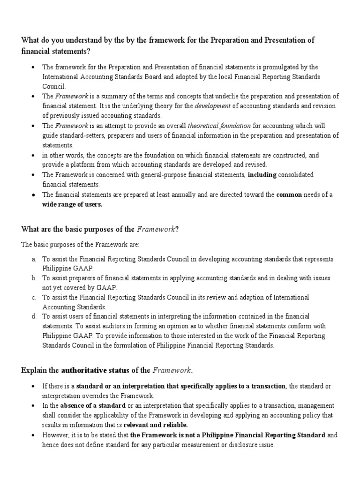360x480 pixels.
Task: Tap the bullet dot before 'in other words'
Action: pyautogui.click(x=33, y=155)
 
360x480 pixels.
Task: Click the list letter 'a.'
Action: pyautogui.click(x=34, y=259)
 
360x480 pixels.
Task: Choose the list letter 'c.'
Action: pyautogui.click(x=34, y=298)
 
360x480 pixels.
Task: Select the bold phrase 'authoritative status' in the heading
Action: pyautogui.click(x=95, y=370)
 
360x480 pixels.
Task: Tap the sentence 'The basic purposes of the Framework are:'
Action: pyautogui.click(x=83, y=245)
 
